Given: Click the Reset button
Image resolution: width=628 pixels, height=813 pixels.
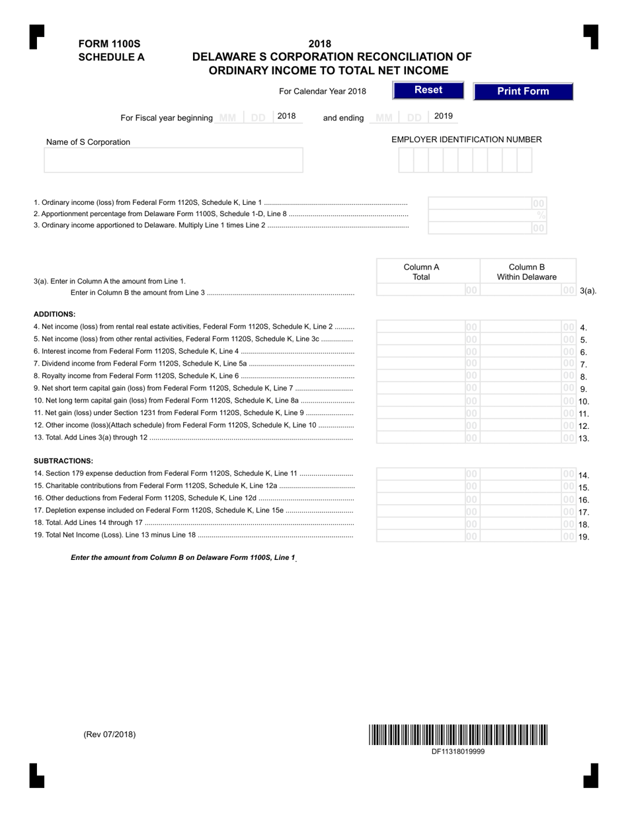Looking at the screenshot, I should point(428,91).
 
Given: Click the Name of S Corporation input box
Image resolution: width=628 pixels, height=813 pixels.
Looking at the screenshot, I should point(173,160).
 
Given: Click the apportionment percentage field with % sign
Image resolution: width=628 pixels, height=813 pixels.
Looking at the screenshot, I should point(488,215).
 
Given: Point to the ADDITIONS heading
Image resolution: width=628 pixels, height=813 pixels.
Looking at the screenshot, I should point(54,314).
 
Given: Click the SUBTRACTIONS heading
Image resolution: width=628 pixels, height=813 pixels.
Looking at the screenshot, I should point(63,461).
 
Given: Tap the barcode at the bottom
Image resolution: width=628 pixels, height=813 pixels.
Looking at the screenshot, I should point(458,735).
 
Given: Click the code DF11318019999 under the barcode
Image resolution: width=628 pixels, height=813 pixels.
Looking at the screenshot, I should point(458,752).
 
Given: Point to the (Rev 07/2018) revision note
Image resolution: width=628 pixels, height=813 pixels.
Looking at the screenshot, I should point(110,734).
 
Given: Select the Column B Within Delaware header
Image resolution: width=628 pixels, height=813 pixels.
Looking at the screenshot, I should point(527,272).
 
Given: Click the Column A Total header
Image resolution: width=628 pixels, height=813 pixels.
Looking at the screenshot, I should point(421,272).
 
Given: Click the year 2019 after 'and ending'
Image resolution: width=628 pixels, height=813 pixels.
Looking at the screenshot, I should point(444,116).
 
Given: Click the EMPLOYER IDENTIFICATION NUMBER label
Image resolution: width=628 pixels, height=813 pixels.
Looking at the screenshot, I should point(467,139).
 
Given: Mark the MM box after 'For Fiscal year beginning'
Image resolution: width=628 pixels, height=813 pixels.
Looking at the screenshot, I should point(227,118).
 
